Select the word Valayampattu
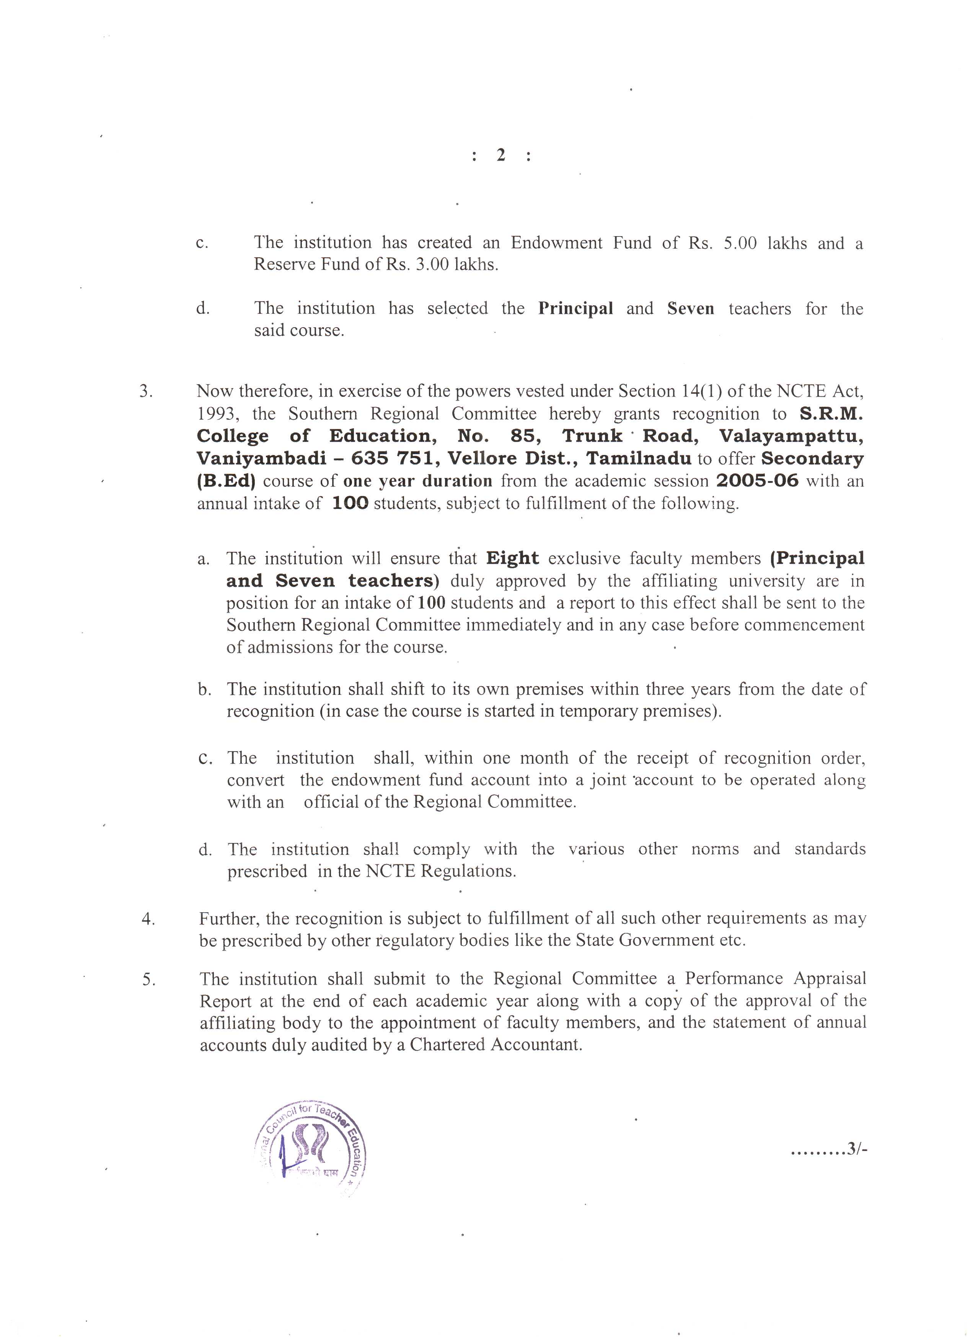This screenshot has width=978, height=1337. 791,436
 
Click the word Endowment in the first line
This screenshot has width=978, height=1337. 556,243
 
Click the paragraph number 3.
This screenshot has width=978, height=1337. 146,391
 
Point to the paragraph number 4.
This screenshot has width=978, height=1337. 148,919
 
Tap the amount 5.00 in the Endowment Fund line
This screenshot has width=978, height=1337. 740,243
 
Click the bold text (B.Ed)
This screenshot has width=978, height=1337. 225,481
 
